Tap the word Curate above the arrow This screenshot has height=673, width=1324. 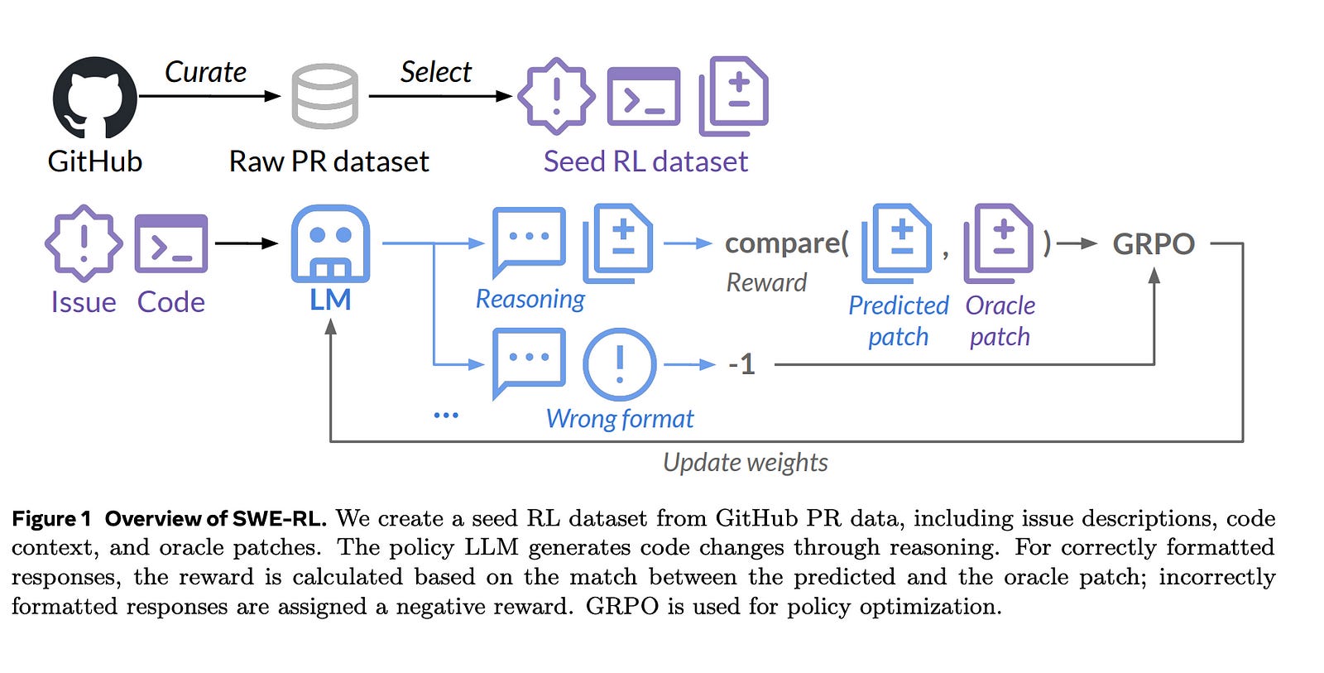tap(205, 72)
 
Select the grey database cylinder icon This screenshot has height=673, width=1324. tap(325, 96)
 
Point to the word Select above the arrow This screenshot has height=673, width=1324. tap(435, 72)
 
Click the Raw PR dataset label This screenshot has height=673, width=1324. tap(329, 161)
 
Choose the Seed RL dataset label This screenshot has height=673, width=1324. tap(646, 161)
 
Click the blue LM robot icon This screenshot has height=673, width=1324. tap(330, 243)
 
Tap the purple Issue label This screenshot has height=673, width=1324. tap(84, 302)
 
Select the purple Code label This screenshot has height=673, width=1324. tap(170, 302)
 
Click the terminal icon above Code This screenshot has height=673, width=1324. tap(170, 243)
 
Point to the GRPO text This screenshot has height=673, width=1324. tap(1154, 243)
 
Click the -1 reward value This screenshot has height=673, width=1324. tap(742, 364)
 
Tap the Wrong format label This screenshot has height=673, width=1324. tap(620, 419)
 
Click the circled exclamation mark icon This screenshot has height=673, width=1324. tap(620, 364)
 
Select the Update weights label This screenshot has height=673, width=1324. tap(746, 463)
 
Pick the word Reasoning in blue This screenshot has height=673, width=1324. tap(530, 299)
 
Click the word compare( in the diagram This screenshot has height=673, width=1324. tap(787, 243)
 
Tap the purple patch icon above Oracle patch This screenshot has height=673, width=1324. tap(999, 243)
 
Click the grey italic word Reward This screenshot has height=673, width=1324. tap(766, 282)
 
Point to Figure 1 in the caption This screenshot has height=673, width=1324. tap(51, 519)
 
